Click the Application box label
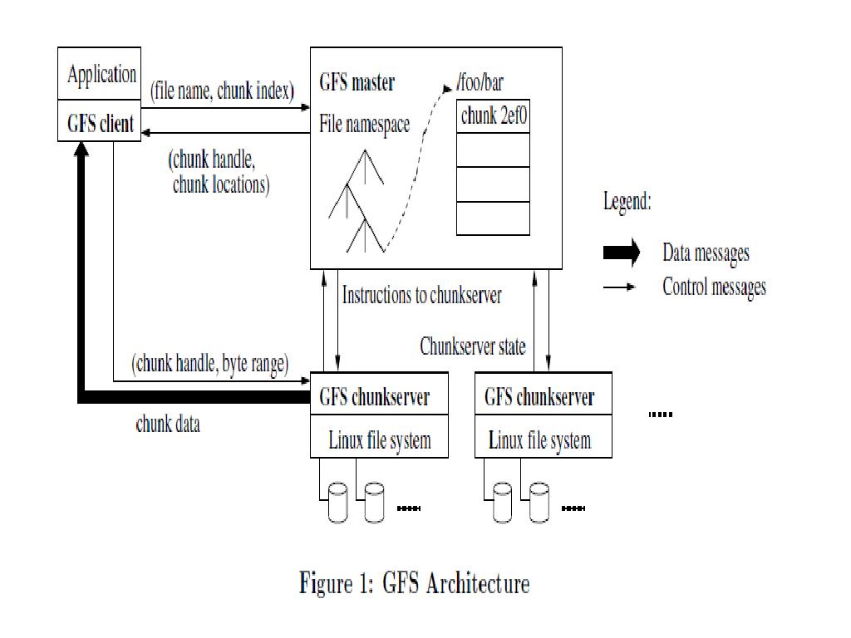coord(101,76)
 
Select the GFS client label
coord(100,124)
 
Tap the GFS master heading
coord(357,82)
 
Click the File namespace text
coord(365,125)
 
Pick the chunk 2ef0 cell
coord(494,117)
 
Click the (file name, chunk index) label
coord(223,91)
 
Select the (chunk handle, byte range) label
coord(209,363)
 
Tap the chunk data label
coord(167,425)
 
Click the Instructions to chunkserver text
coord(422,295)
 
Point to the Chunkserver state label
coord(473,346)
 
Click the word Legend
coord(627,202)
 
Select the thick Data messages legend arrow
coord(621,252)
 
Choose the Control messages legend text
coord(714,287)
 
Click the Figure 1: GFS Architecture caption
coord(414,584)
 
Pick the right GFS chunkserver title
coord(539,397)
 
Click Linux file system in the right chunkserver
coord(539,439)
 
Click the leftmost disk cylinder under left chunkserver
coord(337,503)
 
